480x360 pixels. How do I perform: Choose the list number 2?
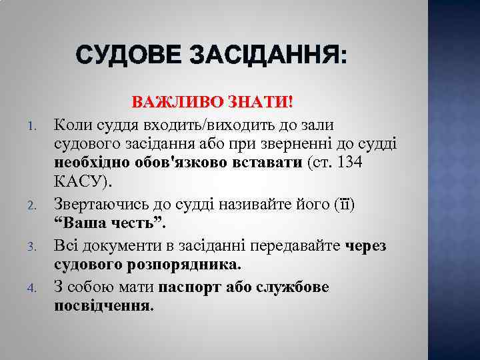pyautogui.click(x=31, y=205)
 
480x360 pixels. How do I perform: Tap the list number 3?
pyautogui.click(x=31, y=248)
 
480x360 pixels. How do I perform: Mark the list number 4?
pyautogui.click(x=31, y=288)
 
